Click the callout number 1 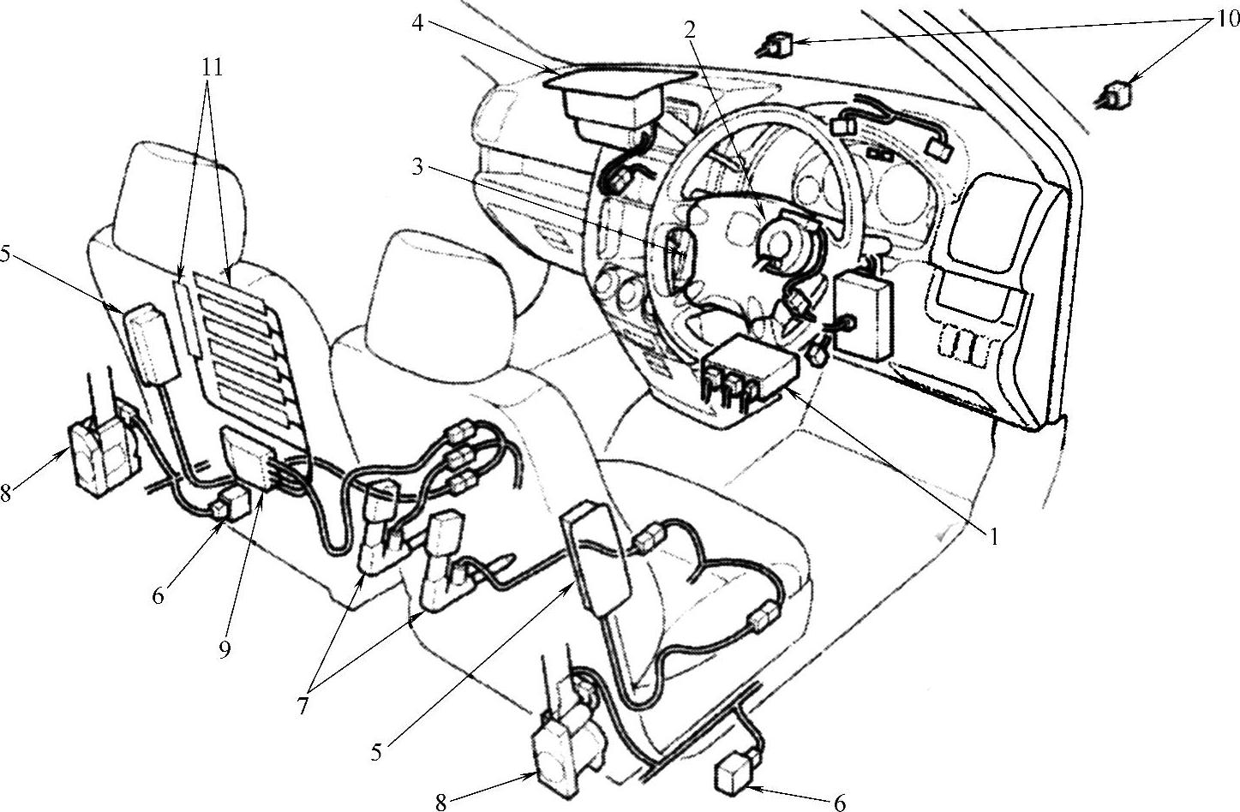tap(994, 536)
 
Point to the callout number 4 tap(418, 24)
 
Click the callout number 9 tap(225, 650)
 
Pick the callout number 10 tap(1227, 20)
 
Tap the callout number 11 tap(212, 68)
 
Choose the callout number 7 tap(303, 706)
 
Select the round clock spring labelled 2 tap(786, 242)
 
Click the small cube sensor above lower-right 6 tap(735, 780)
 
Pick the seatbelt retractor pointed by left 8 tap(103, 458)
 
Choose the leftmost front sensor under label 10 tap(776, 45)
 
